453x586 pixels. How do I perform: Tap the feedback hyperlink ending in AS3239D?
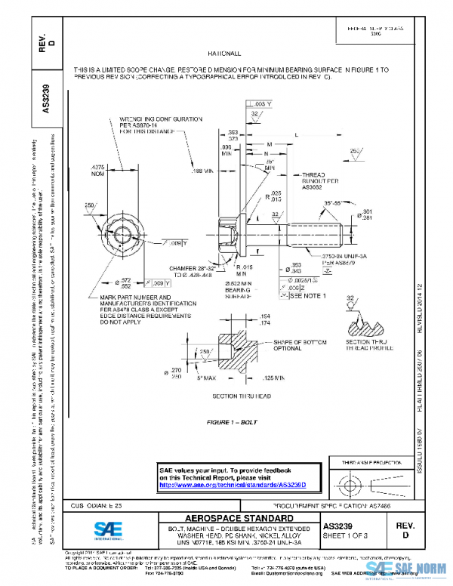[x=241, y=484]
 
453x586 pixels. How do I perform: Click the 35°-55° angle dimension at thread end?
[x=332, y=203]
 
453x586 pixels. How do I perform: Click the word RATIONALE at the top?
[x=224, y=54]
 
